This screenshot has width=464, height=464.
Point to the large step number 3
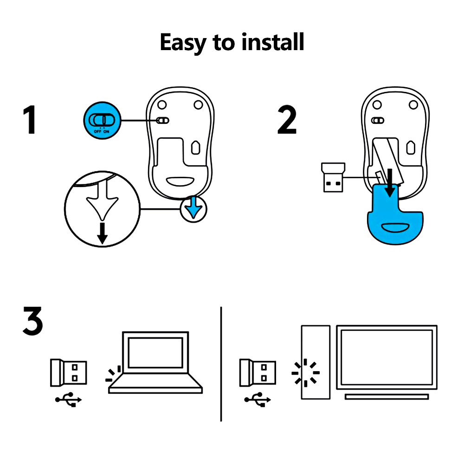(32, 321)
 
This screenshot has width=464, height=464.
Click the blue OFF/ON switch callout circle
(103, 121)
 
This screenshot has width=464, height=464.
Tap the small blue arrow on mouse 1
(193, 210)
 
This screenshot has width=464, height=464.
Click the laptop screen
(155, 352)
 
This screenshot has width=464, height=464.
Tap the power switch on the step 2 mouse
(379, 121)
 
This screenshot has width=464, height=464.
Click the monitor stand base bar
(387, 396)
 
